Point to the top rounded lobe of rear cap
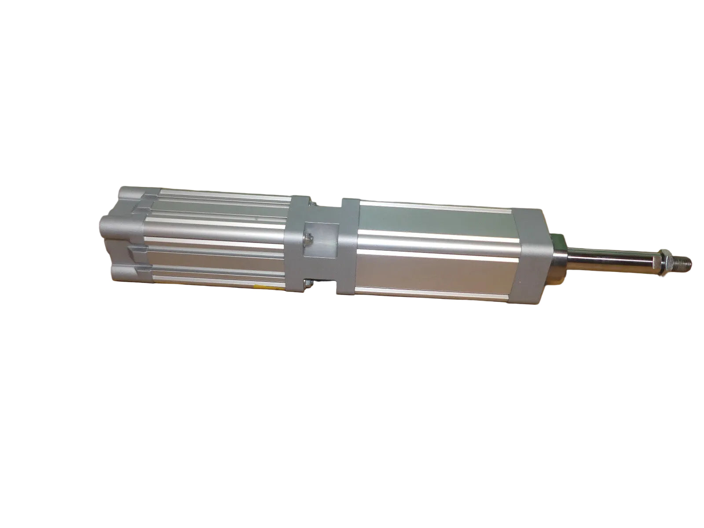[128, 194]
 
